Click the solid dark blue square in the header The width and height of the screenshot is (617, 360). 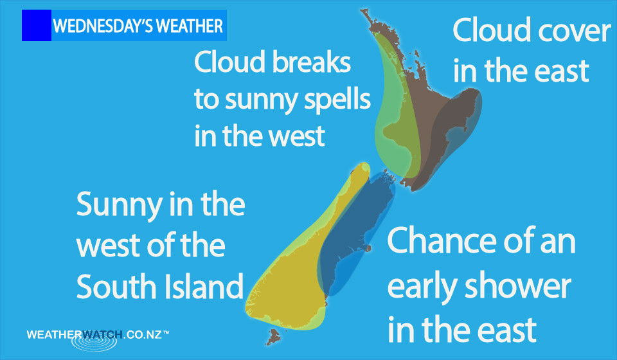tap(37, 25)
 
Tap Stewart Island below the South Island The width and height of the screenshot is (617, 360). tap(274, 337)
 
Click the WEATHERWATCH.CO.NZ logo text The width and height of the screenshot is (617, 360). tap(98, 335)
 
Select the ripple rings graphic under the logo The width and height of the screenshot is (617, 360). tap(94, 342)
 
